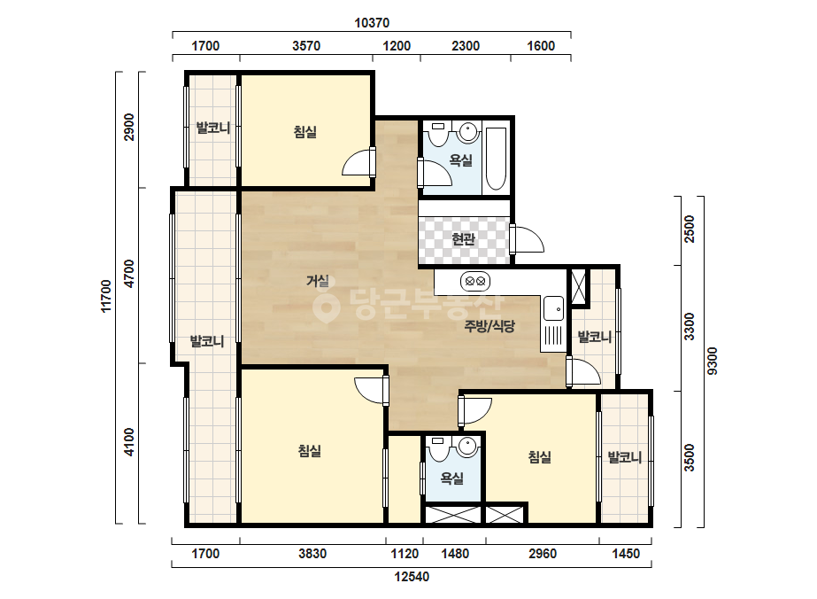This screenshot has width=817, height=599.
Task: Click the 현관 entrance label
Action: pyautogui.click(x=463, y=239)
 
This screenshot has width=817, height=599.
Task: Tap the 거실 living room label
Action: pyautogui.click(x=318, y=281)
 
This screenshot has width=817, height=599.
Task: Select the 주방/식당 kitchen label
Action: pyautogui.click(x=489, y=327)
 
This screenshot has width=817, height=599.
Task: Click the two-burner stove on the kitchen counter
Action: pyautogui.click(x=475, y=282)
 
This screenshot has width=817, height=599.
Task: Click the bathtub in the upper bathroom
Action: pyautogui.click(x=496, y=159)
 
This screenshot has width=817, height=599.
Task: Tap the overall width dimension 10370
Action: pyautogui.click(x=372, y=23)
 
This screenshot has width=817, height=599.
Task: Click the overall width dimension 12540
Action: pyautogui.click(x=412, y=577)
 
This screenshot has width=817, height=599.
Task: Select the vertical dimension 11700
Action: pyautogui.click(x=105, y=296)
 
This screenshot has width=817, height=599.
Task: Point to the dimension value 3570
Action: pyautogui.click(x=306, y=46)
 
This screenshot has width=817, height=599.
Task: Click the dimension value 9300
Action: pyautogui.click(x=713, y=361)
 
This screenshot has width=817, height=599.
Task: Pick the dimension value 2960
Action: pyautogui.click(x=543, y=554)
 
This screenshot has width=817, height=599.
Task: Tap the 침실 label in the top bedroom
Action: pyautogui.click(x=305, y=132)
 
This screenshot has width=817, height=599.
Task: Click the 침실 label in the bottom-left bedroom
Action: pyautogui.click(x=310, y=451)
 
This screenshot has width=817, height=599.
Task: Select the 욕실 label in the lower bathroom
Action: pyautogui.click(x=451, y=478)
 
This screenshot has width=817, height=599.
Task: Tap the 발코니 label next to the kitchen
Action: pyautogui.click(x=595, y=337)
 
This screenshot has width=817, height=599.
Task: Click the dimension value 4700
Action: pyautogui.click(x=128, y=274)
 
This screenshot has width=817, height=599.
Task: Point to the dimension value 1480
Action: pyautogui.click(x=455, y=554)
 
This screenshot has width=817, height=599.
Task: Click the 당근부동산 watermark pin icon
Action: pyautogui.click(x=327, y=306)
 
